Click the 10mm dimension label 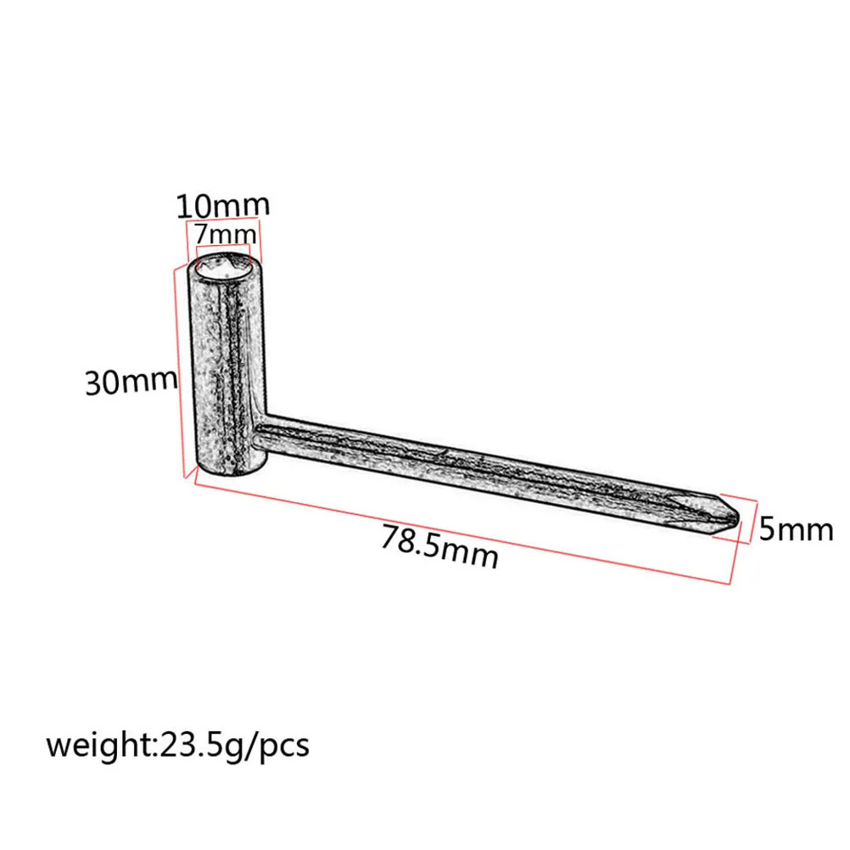pyautogui.click(x=222, y=206)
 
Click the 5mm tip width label pyautogui.click(x=796, y=530)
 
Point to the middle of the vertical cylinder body pyautogui.click(x=224, y=365)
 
